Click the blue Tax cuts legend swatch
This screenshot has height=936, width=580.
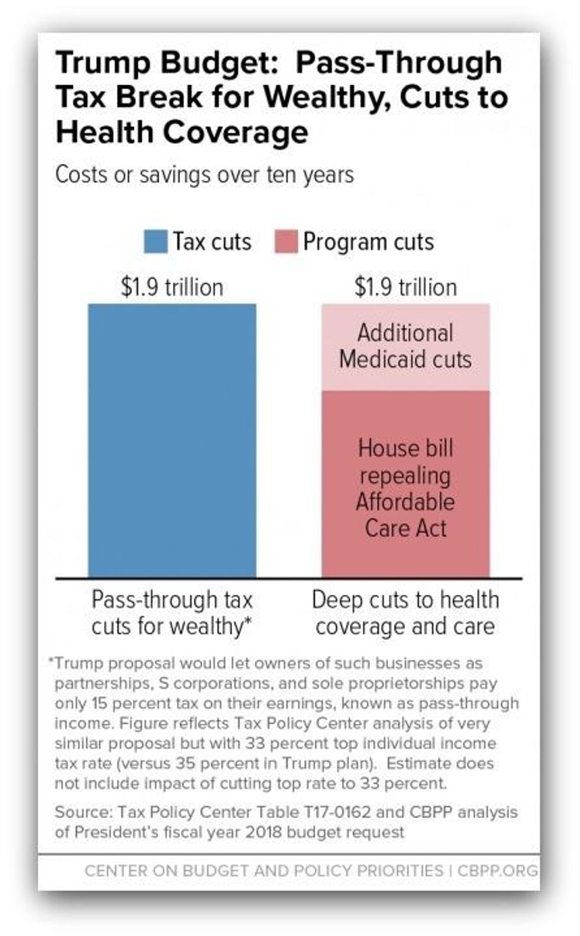pos(155,242)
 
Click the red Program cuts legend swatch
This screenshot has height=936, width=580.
pos(286,242)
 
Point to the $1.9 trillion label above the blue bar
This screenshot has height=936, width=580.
pos(172,287)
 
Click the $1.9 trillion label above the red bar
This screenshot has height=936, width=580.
pos(405,287)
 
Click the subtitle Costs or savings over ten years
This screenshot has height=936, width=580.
pos(205,175)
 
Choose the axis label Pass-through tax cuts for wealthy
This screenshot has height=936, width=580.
pos(172,613)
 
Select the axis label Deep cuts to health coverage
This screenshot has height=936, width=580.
pos(405,613)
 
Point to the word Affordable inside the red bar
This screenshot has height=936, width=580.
pos(405,502)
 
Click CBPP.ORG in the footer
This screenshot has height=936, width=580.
pos(497,871)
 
